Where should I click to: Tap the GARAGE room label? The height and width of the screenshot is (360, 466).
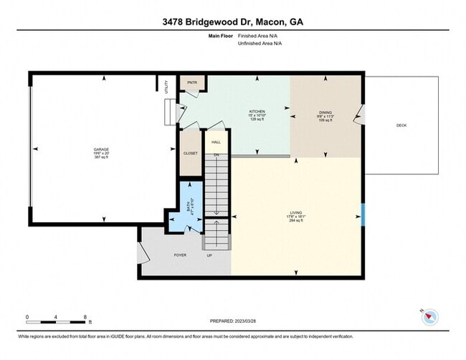pyautogui.click(x=100, y=149)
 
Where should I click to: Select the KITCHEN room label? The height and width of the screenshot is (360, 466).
pyautogui.click(x=257, y=112)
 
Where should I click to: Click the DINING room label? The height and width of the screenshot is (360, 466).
pyautogui.click(x=325, y=112)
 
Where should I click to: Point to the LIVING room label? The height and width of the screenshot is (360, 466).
pyautogui.click(x=296, y=213)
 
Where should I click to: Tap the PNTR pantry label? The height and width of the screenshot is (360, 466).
pyautogui.click(x=191, y=82)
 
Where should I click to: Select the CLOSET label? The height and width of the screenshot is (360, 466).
pyautogui.click(x=190, y=153)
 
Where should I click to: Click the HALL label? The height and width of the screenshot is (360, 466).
pyautogui.click(x=216, y=142)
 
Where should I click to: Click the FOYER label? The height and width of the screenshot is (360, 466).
pyautogui.click(x=181, y=255)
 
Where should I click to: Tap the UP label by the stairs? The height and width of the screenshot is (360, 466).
pyautogui.click(x=209, y=255)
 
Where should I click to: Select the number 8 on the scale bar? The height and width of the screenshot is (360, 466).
pyautogui.click(x=85, y=316)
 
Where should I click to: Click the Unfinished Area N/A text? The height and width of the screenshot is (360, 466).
pyautogui.click(x=260, y=43)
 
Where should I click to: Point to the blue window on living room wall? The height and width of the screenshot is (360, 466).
pyautogui.click(x=363, y=214)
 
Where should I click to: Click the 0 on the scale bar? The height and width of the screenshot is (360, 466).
pyautogui.click(x=27, y=316)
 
